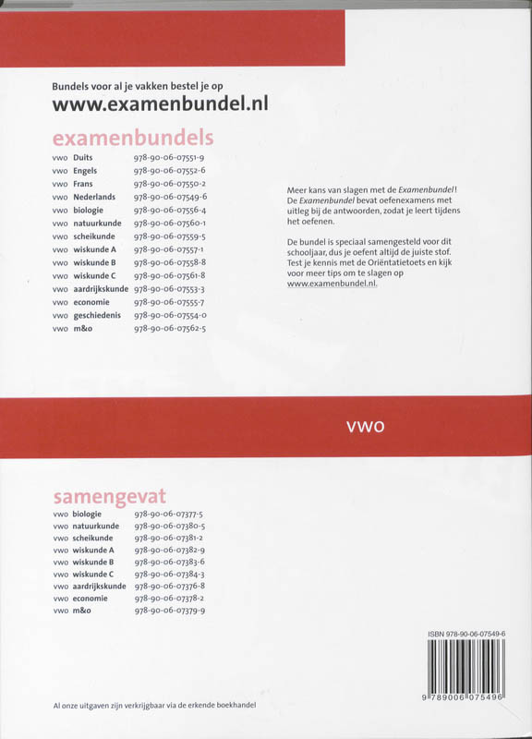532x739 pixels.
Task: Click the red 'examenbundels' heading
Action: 133,139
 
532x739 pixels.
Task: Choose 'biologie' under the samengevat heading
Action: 91,514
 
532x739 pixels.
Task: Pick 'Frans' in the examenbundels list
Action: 83,184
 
